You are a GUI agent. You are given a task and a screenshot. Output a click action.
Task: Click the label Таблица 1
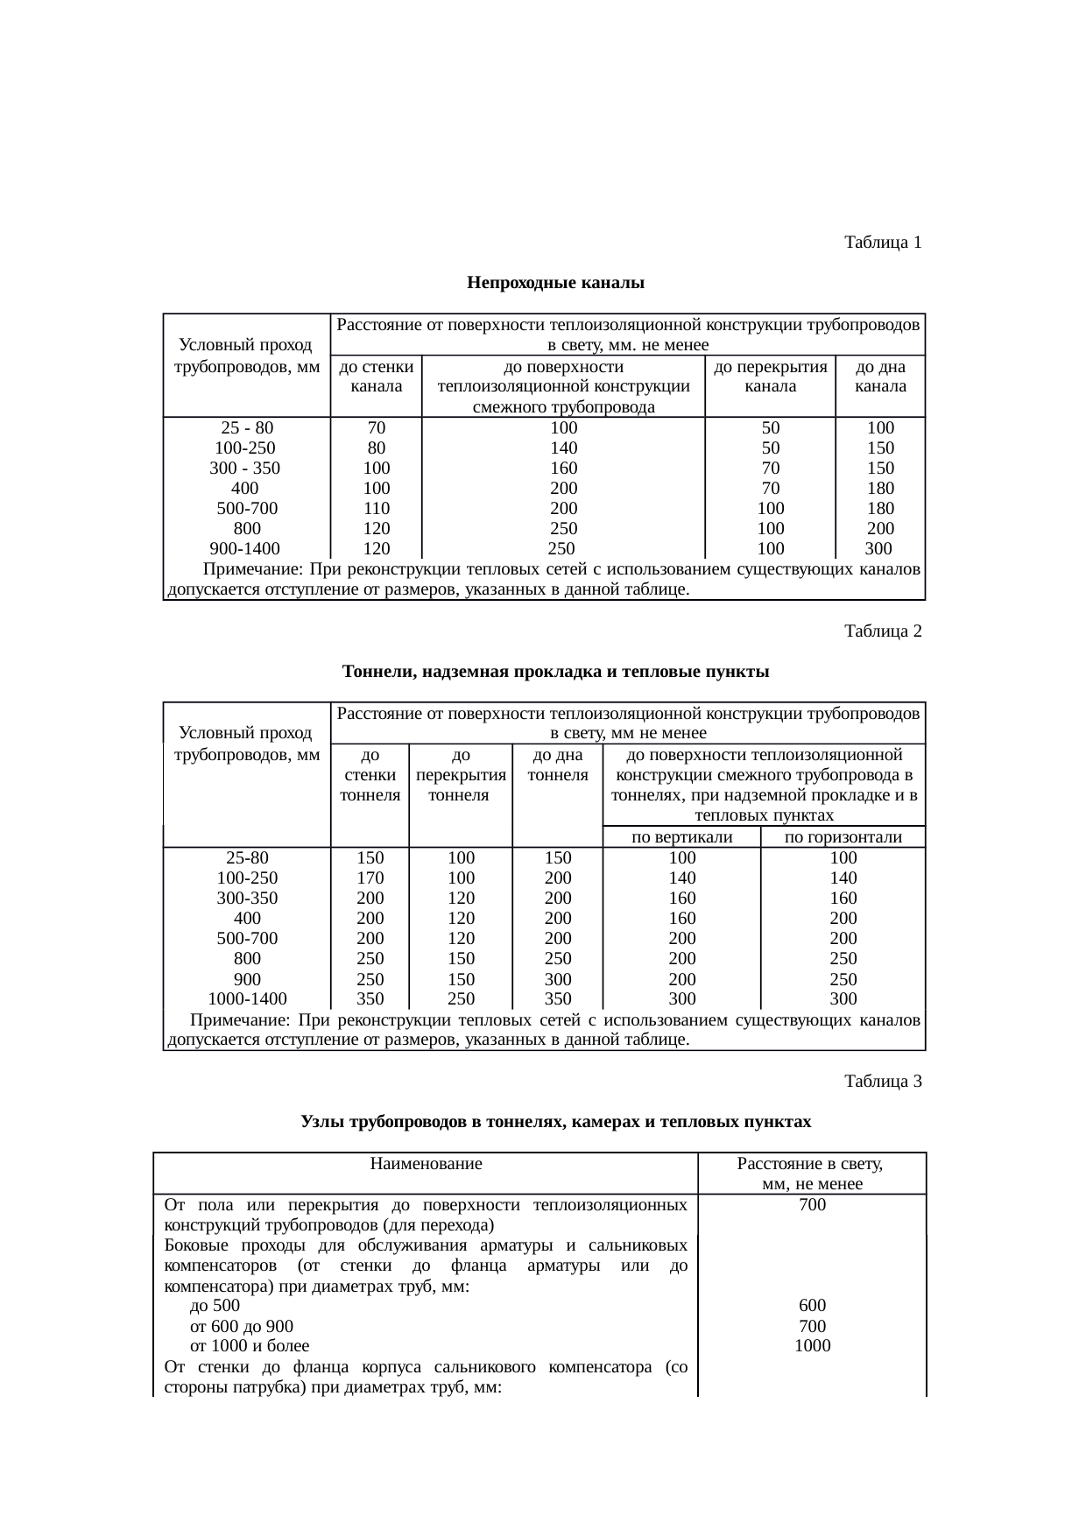pos(882,243)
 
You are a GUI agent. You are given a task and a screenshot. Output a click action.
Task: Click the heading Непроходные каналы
pos(555,283)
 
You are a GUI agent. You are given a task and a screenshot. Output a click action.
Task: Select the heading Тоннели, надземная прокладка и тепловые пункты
pos(555,672)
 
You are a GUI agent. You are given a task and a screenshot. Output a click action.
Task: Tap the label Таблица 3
pos(882,1082)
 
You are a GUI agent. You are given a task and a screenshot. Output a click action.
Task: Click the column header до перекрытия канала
pos(771,377)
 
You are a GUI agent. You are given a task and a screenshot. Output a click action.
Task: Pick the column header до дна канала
pos(879,377)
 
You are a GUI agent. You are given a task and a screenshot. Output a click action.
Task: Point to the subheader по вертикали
pos(681,837)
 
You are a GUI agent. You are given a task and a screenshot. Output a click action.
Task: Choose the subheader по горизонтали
pos(843,837)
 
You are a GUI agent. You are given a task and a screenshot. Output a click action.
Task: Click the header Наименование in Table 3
pos(427,1164)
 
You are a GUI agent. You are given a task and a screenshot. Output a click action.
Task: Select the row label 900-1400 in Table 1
pos(247,549)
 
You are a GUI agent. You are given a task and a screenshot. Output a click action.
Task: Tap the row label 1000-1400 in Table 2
pos(247,998)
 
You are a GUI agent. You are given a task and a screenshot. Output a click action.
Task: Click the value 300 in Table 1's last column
pos(878,549)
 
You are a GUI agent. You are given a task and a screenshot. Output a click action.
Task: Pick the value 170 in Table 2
pos(370,878)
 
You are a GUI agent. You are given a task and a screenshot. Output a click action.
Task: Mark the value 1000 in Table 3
pos(812,1346)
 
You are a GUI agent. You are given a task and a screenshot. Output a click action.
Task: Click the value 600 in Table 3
pos(812,1305)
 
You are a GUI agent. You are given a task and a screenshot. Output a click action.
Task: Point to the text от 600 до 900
pos(242,1326)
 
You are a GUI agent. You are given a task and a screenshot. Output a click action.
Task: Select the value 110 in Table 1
pos(377,509)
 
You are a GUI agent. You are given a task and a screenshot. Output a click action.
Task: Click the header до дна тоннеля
pos(558,765)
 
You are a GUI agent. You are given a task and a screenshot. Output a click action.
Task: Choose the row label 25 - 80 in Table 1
pos(247,428)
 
